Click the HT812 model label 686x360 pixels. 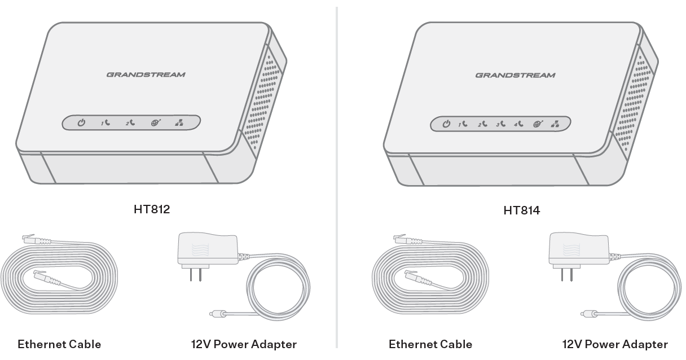point(152,209)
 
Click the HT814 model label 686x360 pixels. point(521,210)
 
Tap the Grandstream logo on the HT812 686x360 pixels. point(146,74)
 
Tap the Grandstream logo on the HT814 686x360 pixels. point(515,75)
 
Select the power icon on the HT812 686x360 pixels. point(81,122)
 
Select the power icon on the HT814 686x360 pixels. point(446,124)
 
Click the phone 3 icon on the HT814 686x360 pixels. point(501,124)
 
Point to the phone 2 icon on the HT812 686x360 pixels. point(130,122)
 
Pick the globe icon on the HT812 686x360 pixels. point(155,122)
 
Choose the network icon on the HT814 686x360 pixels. point(555,124)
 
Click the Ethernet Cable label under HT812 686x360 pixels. point(59,344)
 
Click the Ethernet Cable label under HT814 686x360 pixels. point(430,344)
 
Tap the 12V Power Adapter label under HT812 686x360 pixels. point(244,344)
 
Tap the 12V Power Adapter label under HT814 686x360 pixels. point(615,344)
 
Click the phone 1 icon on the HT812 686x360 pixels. point(105,122)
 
